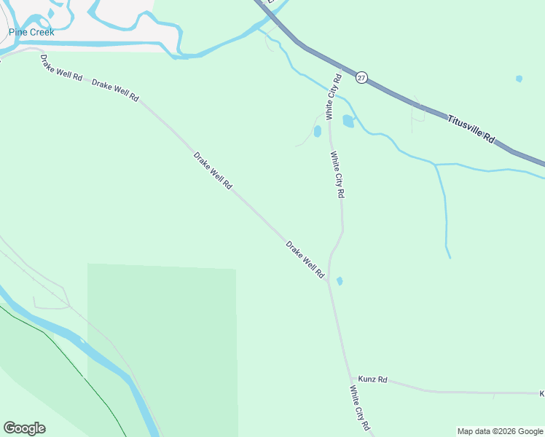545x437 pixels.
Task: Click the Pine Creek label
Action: tap(31, 32)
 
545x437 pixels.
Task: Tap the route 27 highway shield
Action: tap(362, 77)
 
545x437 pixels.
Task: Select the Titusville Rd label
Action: tap(471, 128)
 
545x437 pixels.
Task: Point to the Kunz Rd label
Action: tap(372, 380)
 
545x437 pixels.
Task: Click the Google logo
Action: tap(24, 428)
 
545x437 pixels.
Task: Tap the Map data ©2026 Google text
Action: tap(500, 431)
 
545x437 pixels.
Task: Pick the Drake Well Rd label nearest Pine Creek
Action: tap(61, 68)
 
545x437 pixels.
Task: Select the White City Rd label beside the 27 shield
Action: tap(334, 97)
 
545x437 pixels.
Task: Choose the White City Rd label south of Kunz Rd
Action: tap(360, 409)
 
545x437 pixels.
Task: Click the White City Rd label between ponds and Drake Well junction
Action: tap(337, 175)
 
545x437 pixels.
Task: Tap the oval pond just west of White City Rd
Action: tap(317, 132)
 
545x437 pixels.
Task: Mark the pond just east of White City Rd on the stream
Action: tap(348, 121)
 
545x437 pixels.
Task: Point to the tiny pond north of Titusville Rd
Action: tap(519, 79)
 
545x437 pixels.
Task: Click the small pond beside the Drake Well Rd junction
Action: tap(340, 280)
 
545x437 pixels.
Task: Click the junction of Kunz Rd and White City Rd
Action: tap(351, 377)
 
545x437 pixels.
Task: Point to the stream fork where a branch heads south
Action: tap(435, 165)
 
